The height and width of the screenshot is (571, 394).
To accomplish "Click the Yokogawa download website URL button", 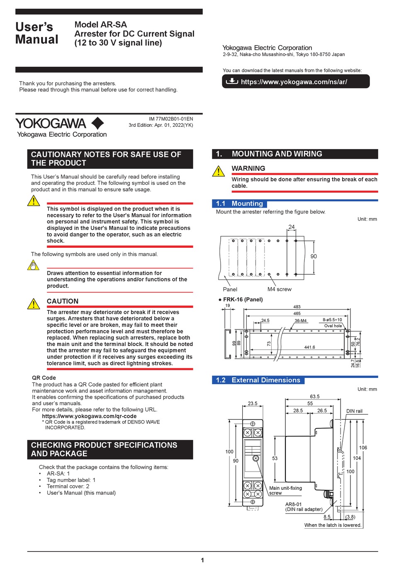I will tap(295, 82).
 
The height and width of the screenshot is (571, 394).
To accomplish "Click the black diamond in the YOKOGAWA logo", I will tap(97, 123).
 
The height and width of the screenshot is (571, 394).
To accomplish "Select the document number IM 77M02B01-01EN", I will tap(171, 119).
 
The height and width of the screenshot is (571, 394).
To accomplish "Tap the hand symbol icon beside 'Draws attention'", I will tap(34, 265).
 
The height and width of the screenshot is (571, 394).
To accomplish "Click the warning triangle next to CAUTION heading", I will tap(34, 304).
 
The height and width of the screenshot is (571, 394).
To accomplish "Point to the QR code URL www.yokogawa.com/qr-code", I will tap(89, 416).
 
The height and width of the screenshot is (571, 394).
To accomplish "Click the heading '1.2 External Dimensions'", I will tap(258, 380).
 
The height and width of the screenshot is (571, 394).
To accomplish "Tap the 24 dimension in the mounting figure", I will tap(292, 227).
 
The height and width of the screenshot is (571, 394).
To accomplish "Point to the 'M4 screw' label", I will tap(279, 289).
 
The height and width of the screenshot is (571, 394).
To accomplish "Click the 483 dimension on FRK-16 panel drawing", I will tap(297, 307).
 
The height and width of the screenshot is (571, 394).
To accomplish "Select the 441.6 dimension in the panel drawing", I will tap(309, 347).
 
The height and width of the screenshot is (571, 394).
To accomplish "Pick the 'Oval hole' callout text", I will tap(333, 326).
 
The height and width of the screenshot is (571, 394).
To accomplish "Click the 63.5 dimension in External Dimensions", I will tap(315, 397).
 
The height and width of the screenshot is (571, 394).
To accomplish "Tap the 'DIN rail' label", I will tap(354, 411).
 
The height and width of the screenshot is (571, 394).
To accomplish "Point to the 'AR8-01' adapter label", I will tap(293, 504).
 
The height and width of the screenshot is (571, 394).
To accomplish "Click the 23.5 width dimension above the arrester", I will tap(253, 403).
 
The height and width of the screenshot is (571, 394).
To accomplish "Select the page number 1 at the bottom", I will tap(202, 560).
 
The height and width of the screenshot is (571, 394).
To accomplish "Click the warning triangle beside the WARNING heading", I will tap(219, 171).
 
